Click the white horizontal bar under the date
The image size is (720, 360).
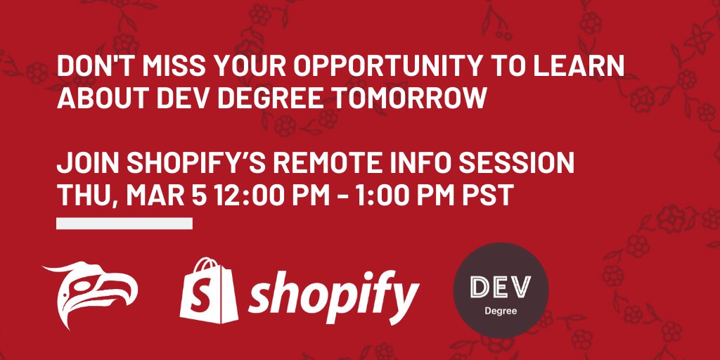pos(124,223)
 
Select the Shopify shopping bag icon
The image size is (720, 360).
pos(209,290)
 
